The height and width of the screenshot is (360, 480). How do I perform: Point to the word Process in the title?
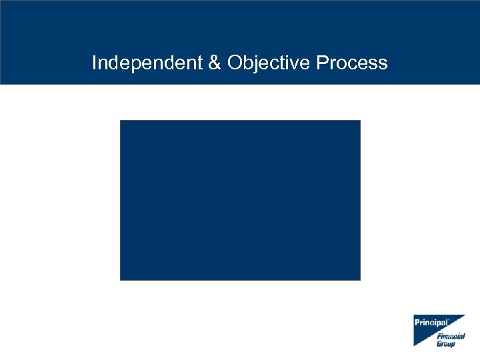[x=352, y=63]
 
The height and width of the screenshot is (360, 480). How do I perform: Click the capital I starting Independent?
[x=95, y=63]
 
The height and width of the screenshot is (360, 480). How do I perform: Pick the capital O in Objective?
[x=234, y=63]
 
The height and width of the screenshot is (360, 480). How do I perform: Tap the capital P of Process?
[x=322, y=63]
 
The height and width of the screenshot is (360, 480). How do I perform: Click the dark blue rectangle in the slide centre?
[x=240, y=200]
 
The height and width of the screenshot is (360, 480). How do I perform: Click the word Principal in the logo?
[x=431, y=323]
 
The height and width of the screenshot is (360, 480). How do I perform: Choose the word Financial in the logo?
[x=451, y=337]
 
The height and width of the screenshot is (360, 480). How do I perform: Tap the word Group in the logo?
[x=446, y=344]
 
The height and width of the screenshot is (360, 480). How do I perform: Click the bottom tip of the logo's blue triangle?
[x=415, y=345]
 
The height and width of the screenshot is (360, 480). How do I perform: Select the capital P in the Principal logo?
[x=417, y=323]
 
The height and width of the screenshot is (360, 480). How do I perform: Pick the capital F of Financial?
[x=439, y=337]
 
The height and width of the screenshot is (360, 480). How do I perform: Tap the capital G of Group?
[x=439, y=344]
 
